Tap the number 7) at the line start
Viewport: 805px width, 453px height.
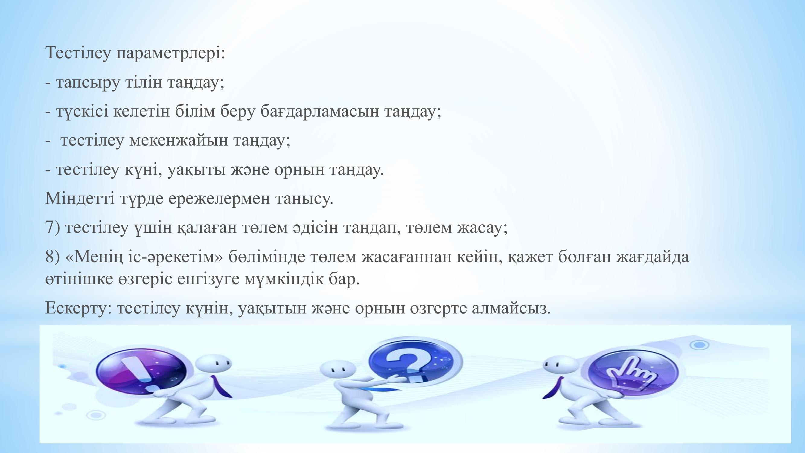(x=53, y=227)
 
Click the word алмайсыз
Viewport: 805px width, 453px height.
(x=511, y=308)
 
